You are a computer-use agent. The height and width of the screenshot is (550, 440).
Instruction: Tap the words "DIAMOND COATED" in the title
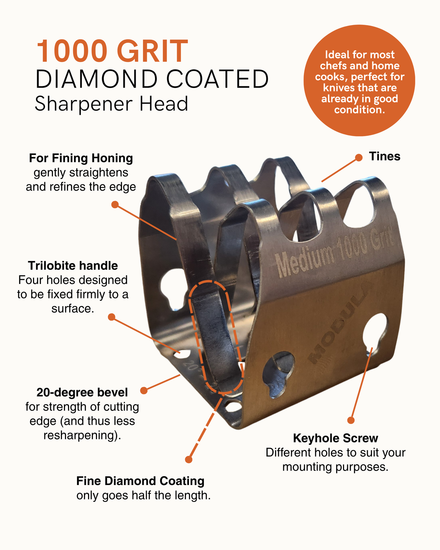tap(152, 79)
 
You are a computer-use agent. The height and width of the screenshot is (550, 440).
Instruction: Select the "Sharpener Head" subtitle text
tap(111, 104)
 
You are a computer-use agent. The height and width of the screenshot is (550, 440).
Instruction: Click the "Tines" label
tap(385, 156)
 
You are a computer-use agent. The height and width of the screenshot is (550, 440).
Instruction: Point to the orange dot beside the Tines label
tap(359, 158)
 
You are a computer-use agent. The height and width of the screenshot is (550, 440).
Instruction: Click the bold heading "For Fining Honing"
tap(81, 158)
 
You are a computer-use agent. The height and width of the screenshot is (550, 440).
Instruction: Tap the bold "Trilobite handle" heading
tap(73, 265)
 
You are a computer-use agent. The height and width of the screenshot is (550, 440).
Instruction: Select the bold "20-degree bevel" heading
tap(82, 392)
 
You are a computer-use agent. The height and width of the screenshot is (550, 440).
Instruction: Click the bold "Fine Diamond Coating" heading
tap(140, 481)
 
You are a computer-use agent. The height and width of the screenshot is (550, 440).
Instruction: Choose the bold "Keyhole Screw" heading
tap(335, 438)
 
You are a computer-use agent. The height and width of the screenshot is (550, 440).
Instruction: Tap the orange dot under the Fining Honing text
tap(115, 205)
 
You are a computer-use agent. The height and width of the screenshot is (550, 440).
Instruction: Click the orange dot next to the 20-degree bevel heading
tap(144, 390)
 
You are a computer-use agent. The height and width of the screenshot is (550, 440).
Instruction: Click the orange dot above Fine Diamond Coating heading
tap(189, 460)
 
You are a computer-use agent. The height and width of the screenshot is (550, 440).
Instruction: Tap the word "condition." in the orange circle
tap(360, 110)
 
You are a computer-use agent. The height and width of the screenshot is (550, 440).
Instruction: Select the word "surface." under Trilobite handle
tap(73, 308)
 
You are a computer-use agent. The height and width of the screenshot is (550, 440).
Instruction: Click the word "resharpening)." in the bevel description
tap(82, 435)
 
